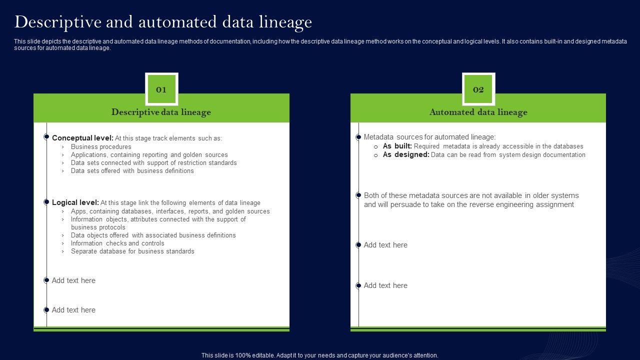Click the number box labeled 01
(x=161, y=89)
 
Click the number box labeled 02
(x=478, y=89)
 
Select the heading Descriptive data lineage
(x=161, y=112)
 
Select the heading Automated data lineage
(x=478, y=112)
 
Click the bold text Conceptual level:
(x=82, y=138)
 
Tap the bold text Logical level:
(x=75, y=202)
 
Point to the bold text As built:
(x=397, y=146)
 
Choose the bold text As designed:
(x=405, y=155)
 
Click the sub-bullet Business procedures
(x=101, y=147)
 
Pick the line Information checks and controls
(x=117, y=243)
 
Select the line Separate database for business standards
(x=132, y=251)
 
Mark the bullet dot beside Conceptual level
(x=46, y=136)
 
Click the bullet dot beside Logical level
(x=46, y=202)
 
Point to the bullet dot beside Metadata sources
(x=358, y=137)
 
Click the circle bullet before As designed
(x=376, y=155)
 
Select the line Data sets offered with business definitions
(x=132, y=171)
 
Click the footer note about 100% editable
(x=319, y=355)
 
